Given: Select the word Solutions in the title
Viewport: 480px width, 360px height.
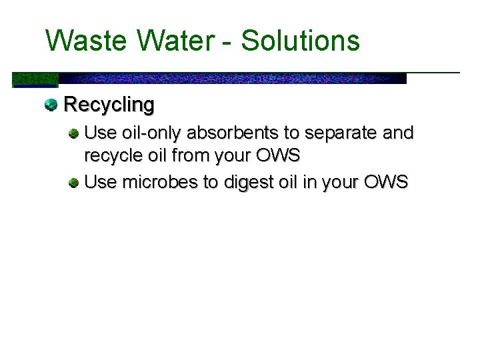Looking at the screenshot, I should [300, 41].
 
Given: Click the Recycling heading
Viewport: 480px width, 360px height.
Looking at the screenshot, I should [109, 105].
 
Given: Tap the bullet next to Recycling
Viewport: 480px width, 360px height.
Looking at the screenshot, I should [51, 104].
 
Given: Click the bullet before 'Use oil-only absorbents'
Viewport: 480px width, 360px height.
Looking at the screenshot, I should [74, 133].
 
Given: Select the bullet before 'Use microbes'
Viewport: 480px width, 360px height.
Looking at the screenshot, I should [74, 181].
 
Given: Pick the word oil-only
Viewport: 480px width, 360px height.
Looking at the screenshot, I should [151, 133].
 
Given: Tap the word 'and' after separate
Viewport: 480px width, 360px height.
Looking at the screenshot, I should [398, 133].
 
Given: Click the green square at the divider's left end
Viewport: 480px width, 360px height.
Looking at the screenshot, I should [35, 79].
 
